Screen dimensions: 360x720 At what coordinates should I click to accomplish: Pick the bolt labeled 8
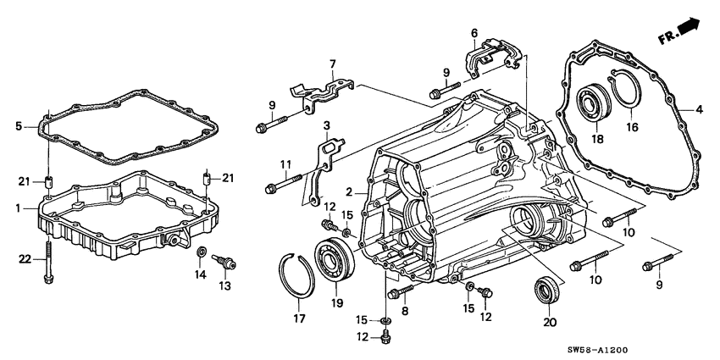tap(398, 293)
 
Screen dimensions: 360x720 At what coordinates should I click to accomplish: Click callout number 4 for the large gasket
tap(700, 109)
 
